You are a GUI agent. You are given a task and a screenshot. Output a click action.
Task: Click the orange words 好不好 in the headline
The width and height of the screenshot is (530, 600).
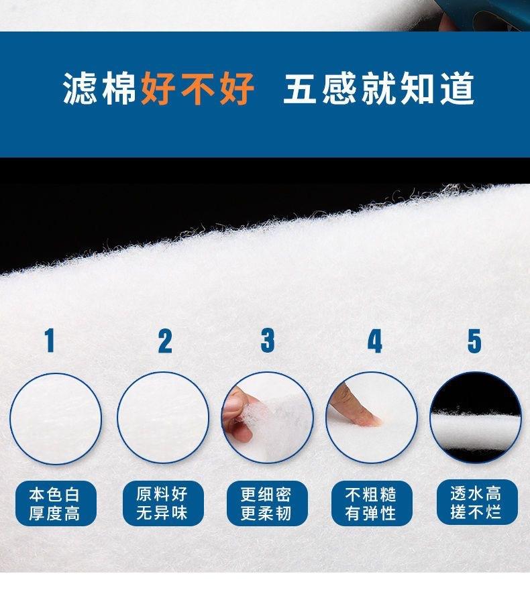198,88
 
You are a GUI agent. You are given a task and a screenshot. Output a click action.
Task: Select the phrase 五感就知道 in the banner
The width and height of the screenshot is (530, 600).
379,88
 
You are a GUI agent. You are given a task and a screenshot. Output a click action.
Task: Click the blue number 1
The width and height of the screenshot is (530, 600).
50,341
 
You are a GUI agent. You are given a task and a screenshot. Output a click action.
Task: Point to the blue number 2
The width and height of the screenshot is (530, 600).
165,341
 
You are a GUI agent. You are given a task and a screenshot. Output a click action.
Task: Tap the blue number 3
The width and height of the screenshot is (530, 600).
268,341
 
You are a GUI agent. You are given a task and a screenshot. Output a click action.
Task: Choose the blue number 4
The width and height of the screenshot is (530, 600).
375,341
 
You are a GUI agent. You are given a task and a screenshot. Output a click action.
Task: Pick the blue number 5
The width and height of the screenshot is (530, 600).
474,341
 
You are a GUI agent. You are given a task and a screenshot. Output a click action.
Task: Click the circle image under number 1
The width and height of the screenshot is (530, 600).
56,418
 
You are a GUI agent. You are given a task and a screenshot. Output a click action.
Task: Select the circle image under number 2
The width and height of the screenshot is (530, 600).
163,418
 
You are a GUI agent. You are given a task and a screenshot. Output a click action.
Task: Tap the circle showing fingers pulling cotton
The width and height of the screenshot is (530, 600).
268,418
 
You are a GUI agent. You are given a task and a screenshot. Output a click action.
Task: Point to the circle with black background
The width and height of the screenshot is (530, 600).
476,418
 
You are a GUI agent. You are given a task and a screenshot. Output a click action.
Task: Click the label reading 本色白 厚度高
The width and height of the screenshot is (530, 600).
56,503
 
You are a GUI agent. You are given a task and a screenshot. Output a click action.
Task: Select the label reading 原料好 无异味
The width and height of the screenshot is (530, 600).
163,503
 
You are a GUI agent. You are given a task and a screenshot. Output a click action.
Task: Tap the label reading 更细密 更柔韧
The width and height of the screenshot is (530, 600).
267,503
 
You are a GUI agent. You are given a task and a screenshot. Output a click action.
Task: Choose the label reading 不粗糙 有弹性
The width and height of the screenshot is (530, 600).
372,503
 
